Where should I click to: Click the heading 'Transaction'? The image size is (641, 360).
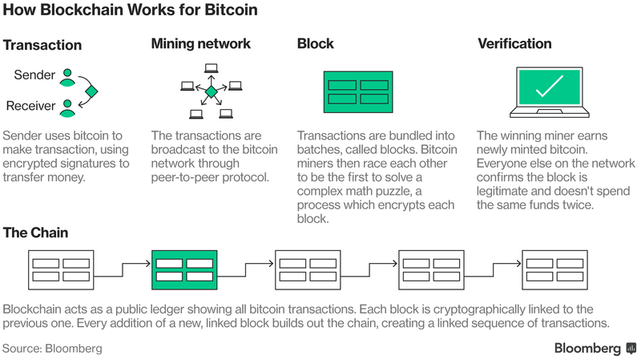[x=42, y=45]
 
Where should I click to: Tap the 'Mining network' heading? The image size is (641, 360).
[x=201, y=44]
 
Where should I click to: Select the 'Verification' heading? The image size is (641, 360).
[x=514, y=44]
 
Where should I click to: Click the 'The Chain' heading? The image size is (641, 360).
[x=35, y=233]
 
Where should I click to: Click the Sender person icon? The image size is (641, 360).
[x=67, y=77]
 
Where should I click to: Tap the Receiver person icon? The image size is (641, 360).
[x=67, y=108]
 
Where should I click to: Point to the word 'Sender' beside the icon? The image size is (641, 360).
[x=34, y=75]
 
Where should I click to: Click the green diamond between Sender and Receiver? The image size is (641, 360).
[x=91, y=91]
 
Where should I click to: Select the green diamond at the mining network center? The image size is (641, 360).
[x=211, y=92]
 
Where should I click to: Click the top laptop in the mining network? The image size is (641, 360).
[x=211, y=68]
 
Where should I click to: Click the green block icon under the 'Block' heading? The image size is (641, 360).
[x=358, y=92]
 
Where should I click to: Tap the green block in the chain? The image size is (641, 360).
[x=184, y=270]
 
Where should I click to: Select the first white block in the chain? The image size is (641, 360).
[x=61, y=270]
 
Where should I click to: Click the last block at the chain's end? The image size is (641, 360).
[x=554, y=270]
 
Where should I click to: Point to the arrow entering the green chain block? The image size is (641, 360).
[x=123, y=270]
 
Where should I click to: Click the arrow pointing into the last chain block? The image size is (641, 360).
[x=494, y=270]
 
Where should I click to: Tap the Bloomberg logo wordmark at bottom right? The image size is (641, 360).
[x=587, y=348]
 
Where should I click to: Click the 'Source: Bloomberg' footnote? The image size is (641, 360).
[x=52, y=349]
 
